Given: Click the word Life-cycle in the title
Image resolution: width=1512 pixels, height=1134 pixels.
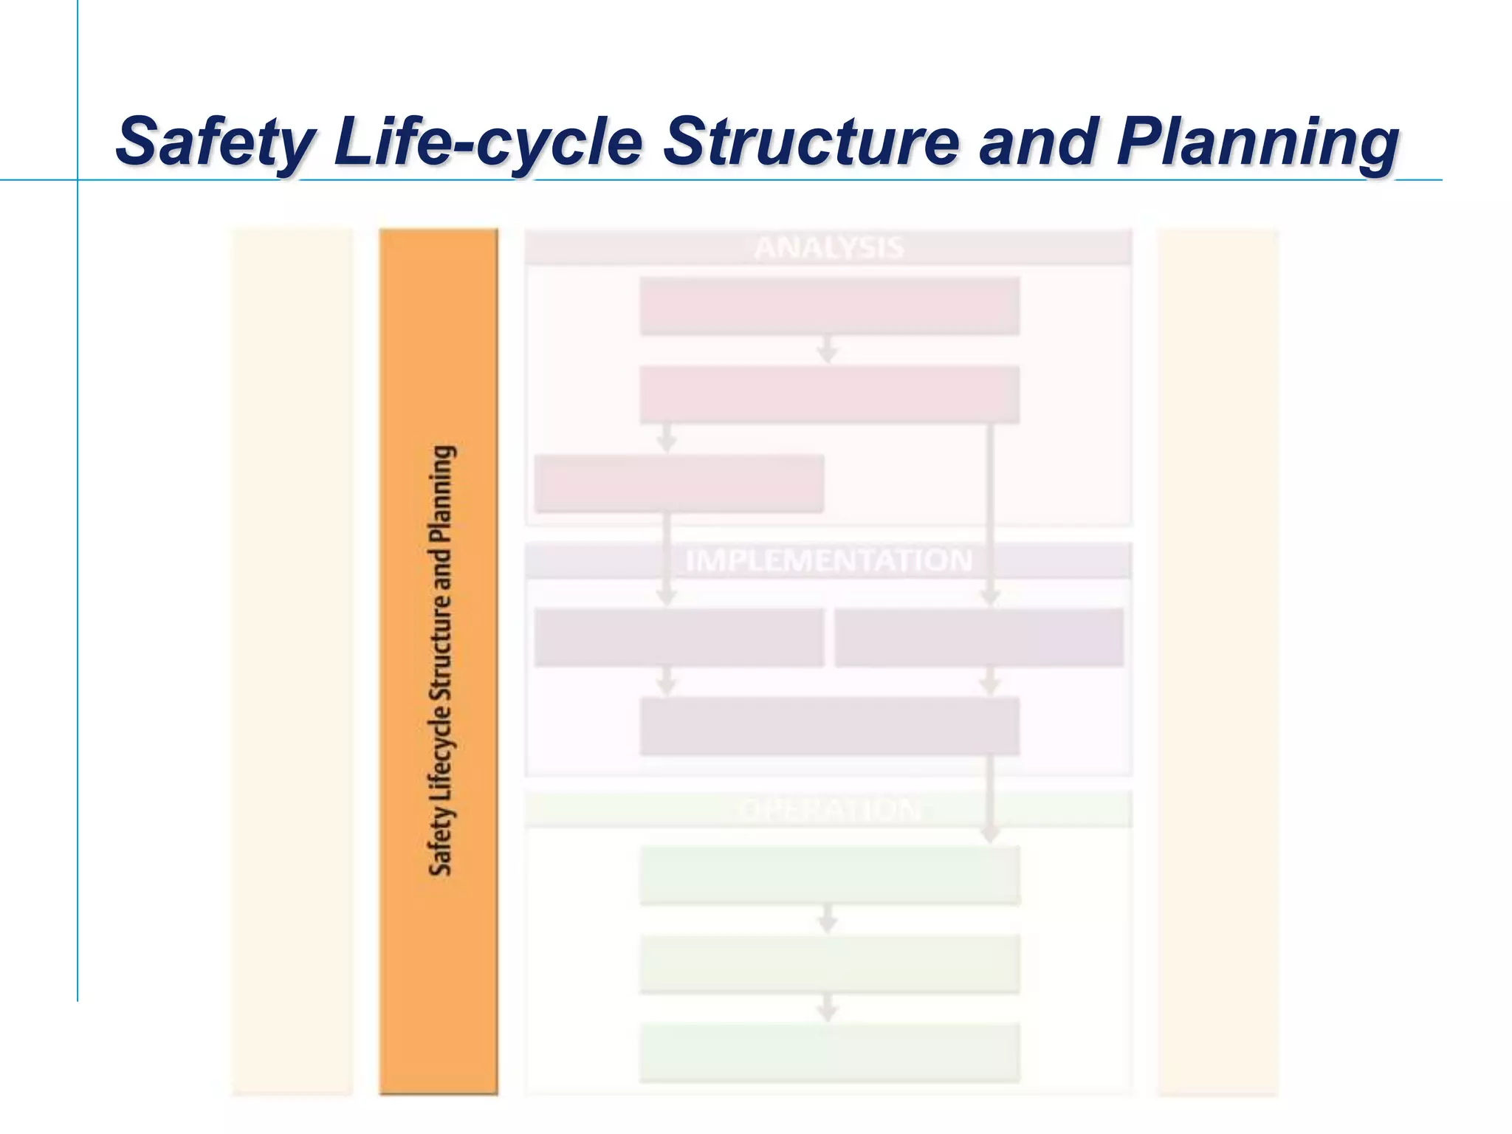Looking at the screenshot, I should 488,142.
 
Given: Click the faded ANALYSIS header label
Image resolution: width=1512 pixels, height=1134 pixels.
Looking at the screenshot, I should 828,247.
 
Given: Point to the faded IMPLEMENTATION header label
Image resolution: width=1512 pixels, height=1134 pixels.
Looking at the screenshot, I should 828,560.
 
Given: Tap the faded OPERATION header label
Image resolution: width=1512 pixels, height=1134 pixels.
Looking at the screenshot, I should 828,810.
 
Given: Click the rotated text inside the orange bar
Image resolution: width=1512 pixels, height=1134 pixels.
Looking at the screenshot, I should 441,660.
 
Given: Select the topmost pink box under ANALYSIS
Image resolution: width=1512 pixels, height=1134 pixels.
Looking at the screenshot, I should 828,306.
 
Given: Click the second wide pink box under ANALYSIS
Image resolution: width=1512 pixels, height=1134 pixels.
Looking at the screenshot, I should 828,394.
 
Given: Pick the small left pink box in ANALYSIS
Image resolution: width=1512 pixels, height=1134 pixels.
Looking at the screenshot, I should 678,484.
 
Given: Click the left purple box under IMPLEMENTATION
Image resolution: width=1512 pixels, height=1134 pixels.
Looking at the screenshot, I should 678,637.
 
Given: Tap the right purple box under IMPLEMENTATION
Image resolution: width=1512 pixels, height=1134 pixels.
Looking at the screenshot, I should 979,637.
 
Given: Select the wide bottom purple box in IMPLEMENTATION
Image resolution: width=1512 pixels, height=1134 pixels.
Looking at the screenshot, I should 828,726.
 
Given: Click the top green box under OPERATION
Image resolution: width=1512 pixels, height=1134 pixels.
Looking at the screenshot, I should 828,875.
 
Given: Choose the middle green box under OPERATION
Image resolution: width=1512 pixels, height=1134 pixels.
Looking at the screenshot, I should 828,964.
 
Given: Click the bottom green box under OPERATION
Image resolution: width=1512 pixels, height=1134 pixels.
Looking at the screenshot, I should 828,1053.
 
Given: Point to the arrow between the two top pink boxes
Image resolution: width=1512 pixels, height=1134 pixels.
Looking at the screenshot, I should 828,350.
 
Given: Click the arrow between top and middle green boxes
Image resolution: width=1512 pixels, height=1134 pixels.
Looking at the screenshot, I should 828,919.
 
